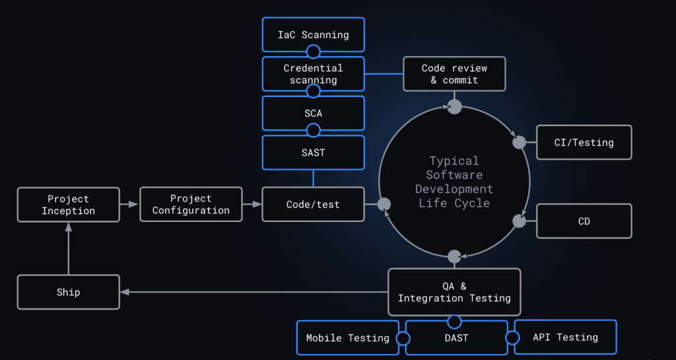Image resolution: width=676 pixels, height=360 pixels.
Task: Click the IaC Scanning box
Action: click(x=313, y=34)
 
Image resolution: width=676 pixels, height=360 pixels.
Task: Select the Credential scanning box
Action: click(x=313, y=73)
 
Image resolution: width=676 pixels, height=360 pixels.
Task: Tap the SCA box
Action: click(x=313, y=113)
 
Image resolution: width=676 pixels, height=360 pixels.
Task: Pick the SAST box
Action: click(x=313, y=153)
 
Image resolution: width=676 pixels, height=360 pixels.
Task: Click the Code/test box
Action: click(x=313, y=204)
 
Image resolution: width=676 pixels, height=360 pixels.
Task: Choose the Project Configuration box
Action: click(x=191, y=204)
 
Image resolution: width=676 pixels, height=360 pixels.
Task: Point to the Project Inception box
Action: click(x=69, y=205)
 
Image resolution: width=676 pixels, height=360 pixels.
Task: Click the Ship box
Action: click(x=69, y=292)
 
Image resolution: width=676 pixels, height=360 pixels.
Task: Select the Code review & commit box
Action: click(x=454, y=74)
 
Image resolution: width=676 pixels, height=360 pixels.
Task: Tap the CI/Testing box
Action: click(x=584, y=142)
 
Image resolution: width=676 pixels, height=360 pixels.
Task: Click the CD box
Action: click(x=584, y=221)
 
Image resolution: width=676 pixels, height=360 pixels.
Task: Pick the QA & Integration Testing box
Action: click(x=454, y=292)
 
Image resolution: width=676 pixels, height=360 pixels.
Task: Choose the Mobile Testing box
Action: click(x=347, y=338)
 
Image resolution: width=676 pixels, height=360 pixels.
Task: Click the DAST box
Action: click(x=456, y=338)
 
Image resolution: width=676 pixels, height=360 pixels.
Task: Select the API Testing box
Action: click(x=565, y=338)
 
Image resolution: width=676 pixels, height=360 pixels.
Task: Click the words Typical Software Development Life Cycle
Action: click(x=454, y=182)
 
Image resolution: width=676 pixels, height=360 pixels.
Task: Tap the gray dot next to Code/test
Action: click(x=384, y=204)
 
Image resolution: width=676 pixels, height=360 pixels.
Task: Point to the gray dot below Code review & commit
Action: click(x=454, y=106)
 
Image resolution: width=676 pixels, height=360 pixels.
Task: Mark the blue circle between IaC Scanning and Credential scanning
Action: click(x=314, y=52)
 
